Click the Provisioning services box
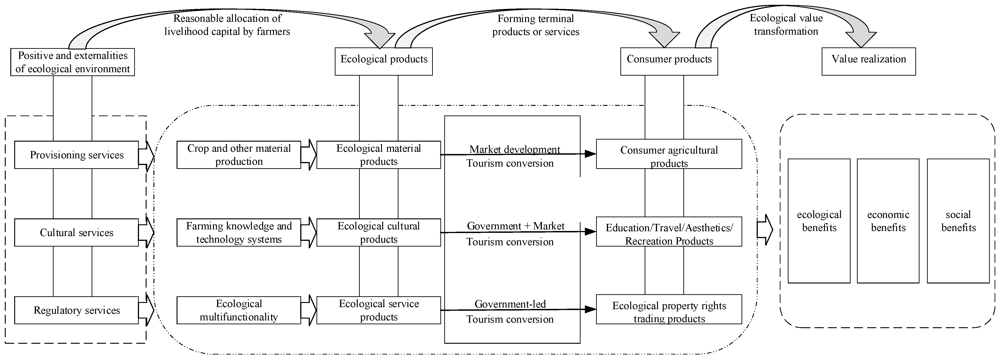pyautogui.click(x=76, y=155)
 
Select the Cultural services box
pyautogui.click(x=76, y=233)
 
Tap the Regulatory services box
pyautogui.click(x=76, y=310)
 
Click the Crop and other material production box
pyautogui.click(x=239, y=155)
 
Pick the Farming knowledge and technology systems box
pyautogui.click(x=239, y=233)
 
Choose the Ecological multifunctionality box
pyautogui.click(x=239, y=310)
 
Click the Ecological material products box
pyautogui.click(x=379, y=155)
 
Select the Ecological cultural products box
pyautogui.click(x=379, y=233)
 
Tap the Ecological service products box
pyautogui.click(x=379, y=310)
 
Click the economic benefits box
pyautogui.click(x=888, y=221)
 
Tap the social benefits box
pyautogui.click(x=958, y=221)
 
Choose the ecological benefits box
pyautogui.click(x=819, y=221)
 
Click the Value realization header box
pyautogui.click(x=868, y=61)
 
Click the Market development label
pyautogui.click(x=515, y=149)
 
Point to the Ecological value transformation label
pyautogui.click(x=786, y=25)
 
